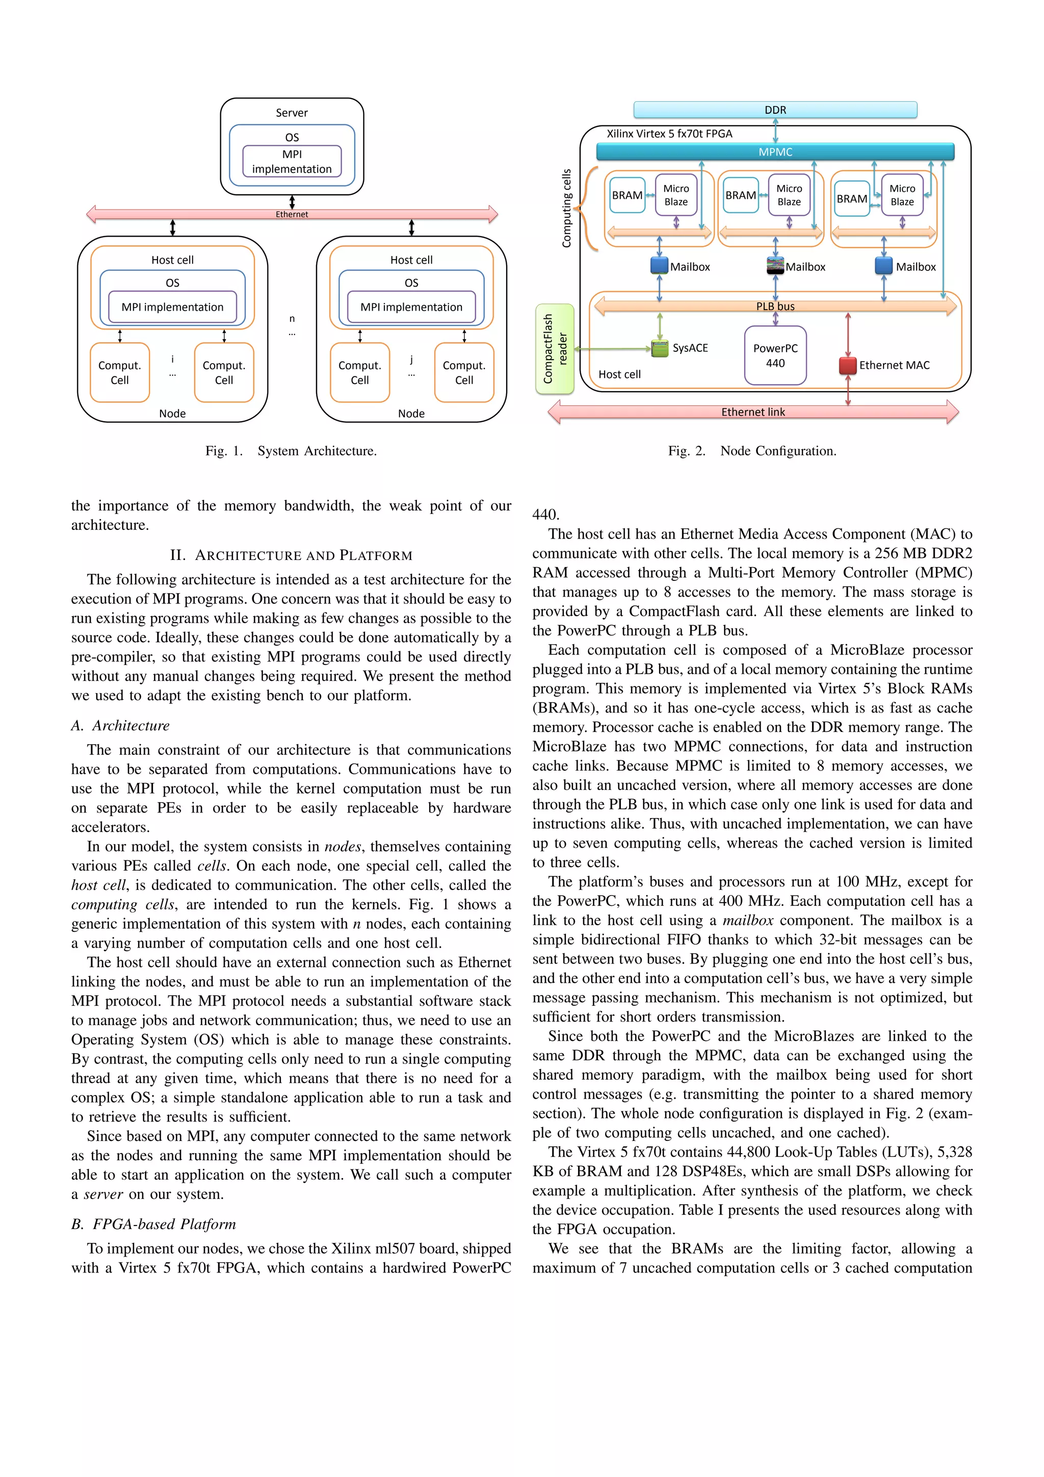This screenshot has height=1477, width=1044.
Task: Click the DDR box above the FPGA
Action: pyautogui.click(x=775, y=110)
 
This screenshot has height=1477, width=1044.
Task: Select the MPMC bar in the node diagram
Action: pyautogui.click(x=775, y=152)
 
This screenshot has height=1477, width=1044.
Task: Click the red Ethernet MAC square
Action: pyautogui.click(x=848, y=365)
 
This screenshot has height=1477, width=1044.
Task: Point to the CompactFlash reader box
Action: pyautogui.click(x=555, y=349)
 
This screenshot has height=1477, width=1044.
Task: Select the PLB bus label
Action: pyautogui.click(x=775, y=306)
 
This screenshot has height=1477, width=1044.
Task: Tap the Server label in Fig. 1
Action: pyautogui.click(x=292, y=113)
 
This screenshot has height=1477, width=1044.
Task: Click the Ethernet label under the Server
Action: pyautogui.click(x=292, y=214)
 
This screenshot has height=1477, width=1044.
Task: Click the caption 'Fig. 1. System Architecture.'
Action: pyautogui.click(x=291, y=451)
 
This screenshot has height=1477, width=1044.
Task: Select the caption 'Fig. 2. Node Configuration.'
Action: pyautogui.click(x=751, y=451)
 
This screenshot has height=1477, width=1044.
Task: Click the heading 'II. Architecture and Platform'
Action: pyautogui.click(x=291, y=555)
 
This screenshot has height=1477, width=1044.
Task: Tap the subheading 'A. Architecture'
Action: pyautogui.click(x=120, y=726)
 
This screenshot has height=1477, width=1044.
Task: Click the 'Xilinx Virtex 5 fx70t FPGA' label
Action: pyautogui.click(x=669, y=134)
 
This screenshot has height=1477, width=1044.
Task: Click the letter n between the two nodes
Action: pyautogui.click(x=292, y=318)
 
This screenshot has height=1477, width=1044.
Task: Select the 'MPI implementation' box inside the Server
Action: pyautogui.click(x=292, y=162)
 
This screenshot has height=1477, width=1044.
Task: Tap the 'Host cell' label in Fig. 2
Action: pyautogui.click(x=619, y=374)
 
